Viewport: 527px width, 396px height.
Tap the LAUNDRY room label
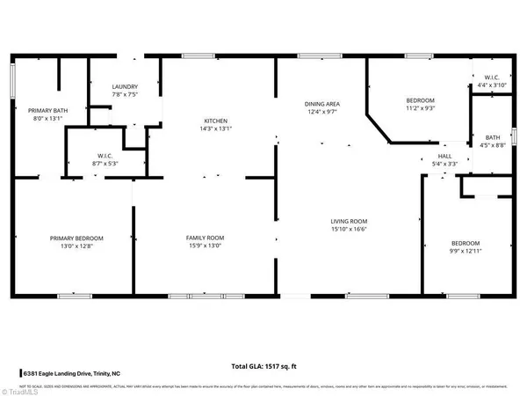(124, 86)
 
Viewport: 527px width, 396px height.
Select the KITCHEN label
(216, 121)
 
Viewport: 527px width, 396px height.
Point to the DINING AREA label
(322, 105)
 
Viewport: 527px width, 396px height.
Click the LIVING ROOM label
(349, 222)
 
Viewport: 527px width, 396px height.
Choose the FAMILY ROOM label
(205, 238)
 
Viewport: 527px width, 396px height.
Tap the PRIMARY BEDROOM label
(76, 238)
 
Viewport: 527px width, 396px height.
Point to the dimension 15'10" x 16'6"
(349, 230)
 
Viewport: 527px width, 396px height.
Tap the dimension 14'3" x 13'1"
(216, 128)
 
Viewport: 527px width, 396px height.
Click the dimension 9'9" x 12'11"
(466, 251)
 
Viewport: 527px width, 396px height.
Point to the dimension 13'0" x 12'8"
(76, 246)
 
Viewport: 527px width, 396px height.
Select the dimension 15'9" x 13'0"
(205, 246)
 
